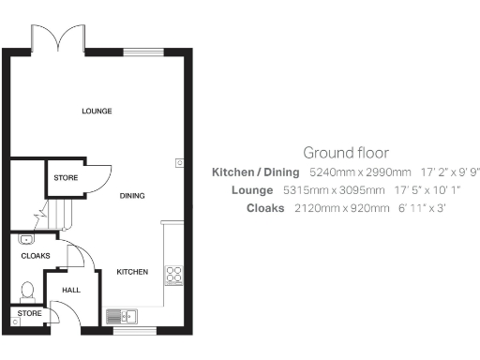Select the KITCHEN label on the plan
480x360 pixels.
click(132, 272)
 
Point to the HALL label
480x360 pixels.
click(71, 291)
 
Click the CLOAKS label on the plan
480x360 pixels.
click(36, 255)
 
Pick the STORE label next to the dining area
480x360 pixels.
click(66, 177)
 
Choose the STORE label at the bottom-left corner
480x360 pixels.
click(29, 313)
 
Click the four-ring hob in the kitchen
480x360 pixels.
click(173, 275)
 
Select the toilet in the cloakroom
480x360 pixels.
click(27, 291)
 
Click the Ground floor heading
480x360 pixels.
click(346, 152)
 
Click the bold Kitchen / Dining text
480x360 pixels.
click(256, 172)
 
